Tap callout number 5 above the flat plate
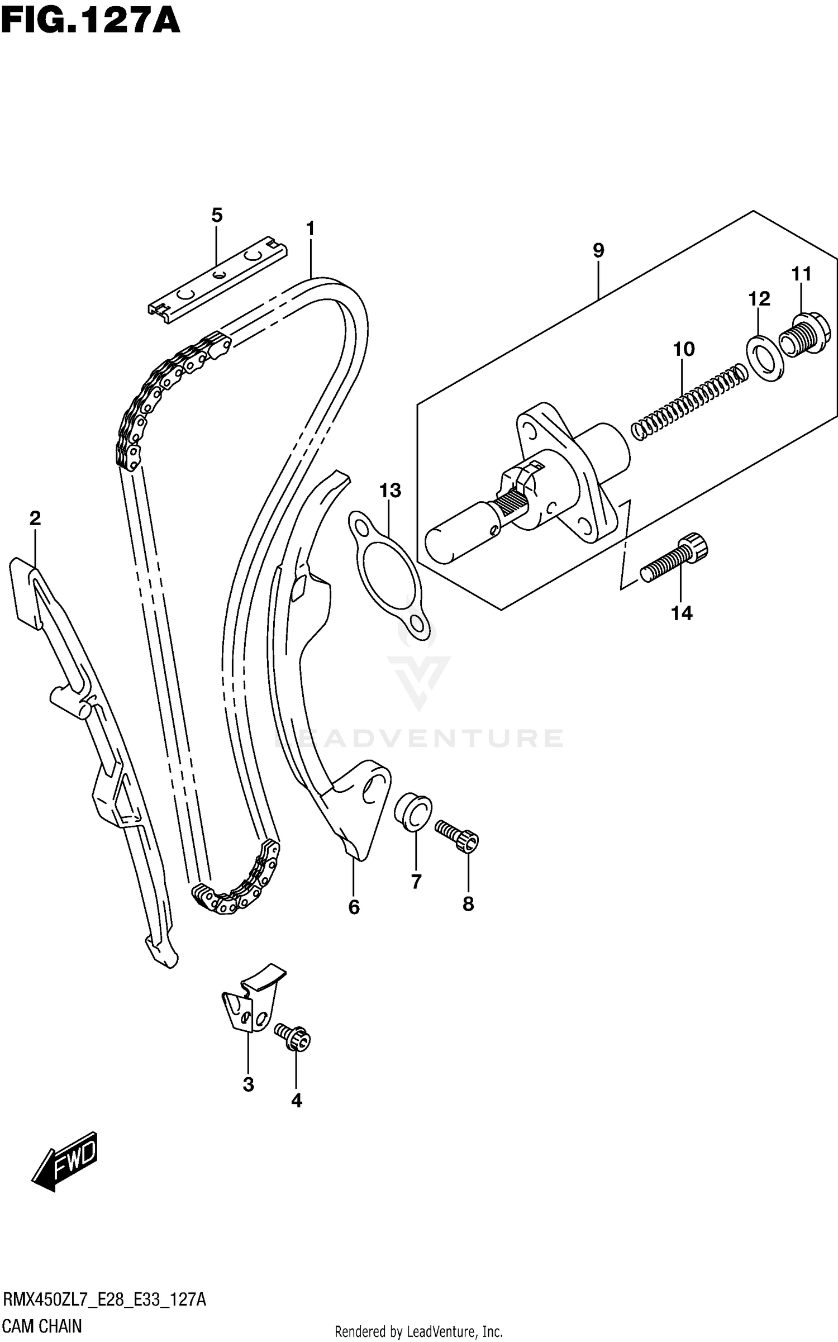point(217,215)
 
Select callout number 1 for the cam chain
point(311,229)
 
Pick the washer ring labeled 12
point(765,358)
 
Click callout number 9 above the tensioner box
point(598,251)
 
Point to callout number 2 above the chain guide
point(35,518)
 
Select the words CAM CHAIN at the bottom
point(42,1325)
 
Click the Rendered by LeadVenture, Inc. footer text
point(418,1331)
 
